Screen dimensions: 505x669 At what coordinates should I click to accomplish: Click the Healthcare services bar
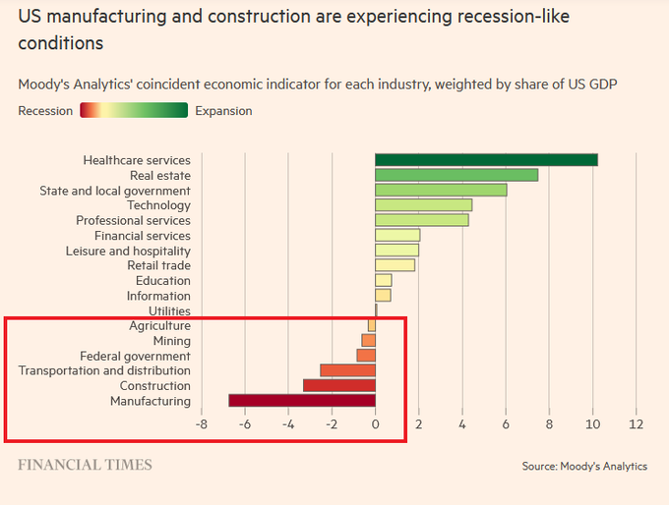tap(486, 160)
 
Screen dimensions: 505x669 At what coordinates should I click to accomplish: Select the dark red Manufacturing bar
tap(302, 401)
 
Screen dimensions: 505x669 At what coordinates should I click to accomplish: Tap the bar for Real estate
tap(456, 175)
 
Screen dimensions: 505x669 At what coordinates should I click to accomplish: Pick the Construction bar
tap(339, 386)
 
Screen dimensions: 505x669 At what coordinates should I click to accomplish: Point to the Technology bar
tap(423, 205)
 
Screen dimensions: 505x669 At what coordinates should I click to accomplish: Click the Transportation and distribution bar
tap(347, 370)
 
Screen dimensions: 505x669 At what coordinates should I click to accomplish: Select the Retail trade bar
tap(395, 265)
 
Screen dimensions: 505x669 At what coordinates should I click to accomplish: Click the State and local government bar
tap(441, 191)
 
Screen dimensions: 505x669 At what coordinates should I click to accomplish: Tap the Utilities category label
tap(169, 311)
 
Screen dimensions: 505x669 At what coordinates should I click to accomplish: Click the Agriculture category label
tap(159, 326)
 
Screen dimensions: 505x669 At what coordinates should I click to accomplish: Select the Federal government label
tap(135, 356)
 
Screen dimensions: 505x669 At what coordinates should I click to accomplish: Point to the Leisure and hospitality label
tap(129, 251)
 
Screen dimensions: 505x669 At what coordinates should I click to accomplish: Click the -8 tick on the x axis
tap(201, 424)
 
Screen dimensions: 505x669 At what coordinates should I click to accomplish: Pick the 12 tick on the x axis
tap(636, 424)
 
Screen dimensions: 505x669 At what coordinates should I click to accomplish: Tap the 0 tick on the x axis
tap(375, 424)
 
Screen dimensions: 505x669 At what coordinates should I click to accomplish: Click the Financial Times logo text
tap(85, 465)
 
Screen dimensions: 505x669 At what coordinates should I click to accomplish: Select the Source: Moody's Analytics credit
tap(584, 466)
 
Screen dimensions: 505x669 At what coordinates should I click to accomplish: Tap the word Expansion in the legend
tap(223, 111)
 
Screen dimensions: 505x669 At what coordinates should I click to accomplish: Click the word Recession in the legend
tap(45, 111)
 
